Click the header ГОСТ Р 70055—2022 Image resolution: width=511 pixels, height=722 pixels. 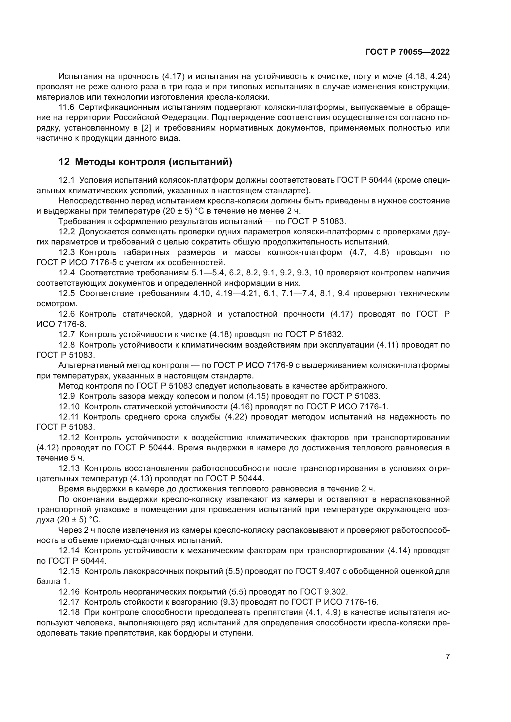tap(408, 52)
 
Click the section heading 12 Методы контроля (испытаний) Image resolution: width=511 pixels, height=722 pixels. tap(146, 162)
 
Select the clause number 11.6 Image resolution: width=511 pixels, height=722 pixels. tap(66, 107)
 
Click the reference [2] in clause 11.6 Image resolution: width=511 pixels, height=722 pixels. tap(147, 128)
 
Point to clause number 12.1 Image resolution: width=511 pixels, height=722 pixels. tap(66, 180)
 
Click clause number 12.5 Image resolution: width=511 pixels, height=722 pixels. tap(66, 293)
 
